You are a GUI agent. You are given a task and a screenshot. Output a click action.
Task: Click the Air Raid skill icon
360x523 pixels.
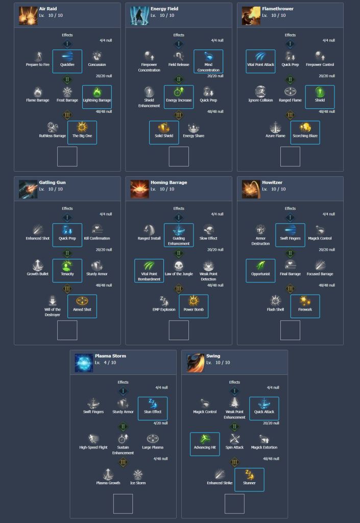[28, 16]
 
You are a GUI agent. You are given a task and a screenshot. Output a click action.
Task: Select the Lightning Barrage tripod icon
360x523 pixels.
[97, 92]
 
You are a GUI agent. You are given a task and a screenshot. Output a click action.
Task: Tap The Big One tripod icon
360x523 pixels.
[82, 128]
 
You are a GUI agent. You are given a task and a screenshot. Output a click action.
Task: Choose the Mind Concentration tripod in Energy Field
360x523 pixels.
[208, 57]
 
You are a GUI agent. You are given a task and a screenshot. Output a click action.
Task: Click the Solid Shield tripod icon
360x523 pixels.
[164, 128]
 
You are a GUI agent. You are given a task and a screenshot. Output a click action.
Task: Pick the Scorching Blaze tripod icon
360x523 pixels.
[305, 128]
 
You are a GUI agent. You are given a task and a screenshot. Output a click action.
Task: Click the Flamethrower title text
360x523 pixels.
[277, 9]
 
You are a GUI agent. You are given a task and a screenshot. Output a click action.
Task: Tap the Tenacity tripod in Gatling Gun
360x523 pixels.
[67, 266]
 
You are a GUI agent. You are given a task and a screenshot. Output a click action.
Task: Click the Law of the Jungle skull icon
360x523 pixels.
[178, 266]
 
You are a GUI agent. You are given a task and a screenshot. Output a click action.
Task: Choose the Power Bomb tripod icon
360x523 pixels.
[194, 301]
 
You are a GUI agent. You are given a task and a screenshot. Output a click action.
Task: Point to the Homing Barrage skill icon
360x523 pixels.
[139, 189]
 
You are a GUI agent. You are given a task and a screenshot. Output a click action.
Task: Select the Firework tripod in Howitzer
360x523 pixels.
[305, 301]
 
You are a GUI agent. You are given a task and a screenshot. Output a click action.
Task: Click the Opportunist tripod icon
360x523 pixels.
[260, 266]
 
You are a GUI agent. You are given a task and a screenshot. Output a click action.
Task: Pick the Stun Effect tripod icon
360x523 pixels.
[152, 404]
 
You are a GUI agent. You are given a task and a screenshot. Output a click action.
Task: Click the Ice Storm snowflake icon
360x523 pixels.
[138, 475]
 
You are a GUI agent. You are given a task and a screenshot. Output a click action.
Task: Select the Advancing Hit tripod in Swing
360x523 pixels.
[205, 440]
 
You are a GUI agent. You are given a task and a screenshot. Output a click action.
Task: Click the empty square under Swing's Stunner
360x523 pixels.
[234, 504]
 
